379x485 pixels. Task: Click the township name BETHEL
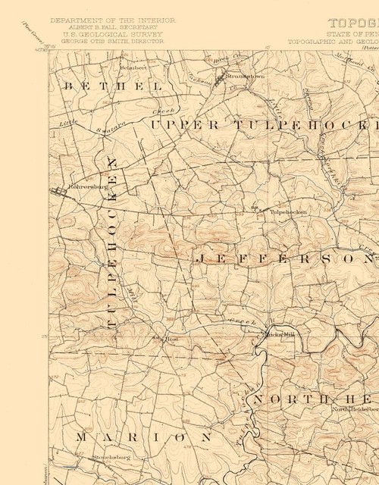pyautogui.click(x=114, y=87)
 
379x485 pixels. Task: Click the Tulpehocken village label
pyautogui.click(x=288, y=212)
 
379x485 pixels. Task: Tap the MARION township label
pyautogui.click(x=144, y=437)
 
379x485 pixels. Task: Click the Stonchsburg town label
pyautogui.click(x=111, y=458)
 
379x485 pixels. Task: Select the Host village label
pyautogui.click(x=171, y=339)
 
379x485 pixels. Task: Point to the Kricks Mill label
pyautogui.click(x=277, y=334)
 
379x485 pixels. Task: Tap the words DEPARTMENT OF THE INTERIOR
pyautogui.click(x=113, y=20)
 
